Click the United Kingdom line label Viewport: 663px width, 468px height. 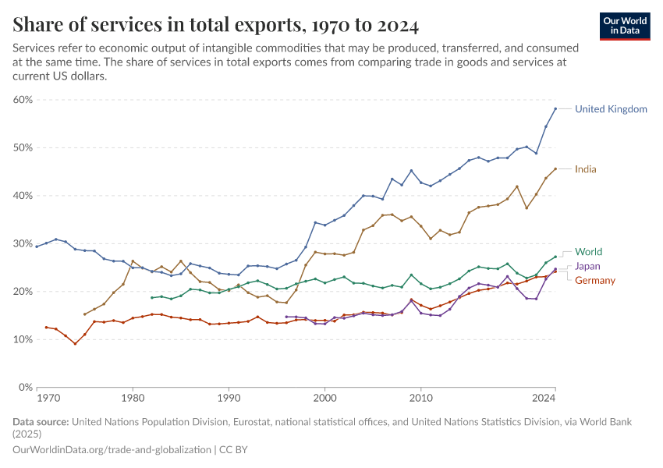[611, 109]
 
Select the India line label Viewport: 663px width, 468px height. [586, 169]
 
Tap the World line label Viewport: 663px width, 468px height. [588, 252]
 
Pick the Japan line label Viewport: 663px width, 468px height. [587, 266]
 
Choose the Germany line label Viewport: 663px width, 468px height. [595, 281]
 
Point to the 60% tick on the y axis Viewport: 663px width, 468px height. [22, 100]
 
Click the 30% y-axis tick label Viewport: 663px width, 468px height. [22, 243]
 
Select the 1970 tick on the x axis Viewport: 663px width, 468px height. [48, 399]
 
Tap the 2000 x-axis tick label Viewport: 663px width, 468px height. [324, 399]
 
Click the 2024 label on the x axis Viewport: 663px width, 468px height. [544, 399]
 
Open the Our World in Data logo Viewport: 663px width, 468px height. [624, 26]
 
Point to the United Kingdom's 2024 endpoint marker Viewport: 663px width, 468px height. [555, 108]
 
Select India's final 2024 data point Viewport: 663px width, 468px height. [555, 168]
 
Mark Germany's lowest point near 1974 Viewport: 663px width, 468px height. [75, 343]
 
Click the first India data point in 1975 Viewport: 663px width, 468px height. [85, 314]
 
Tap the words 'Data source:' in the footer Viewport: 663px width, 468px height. [41, 422]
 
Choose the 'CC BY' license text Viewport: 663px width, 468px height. [232, 450]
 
